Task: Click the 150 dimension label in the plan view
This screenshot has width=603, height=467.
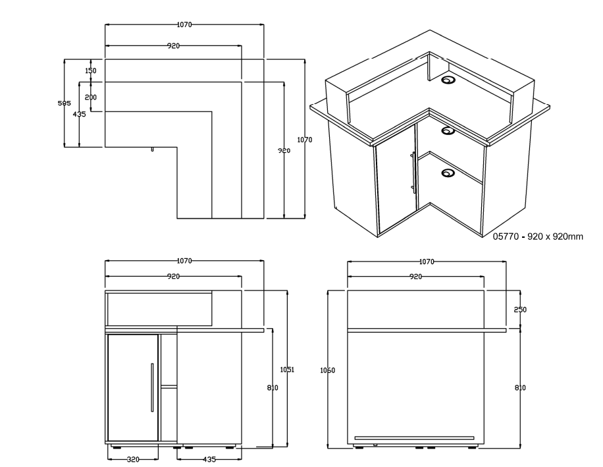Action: coord(91,70)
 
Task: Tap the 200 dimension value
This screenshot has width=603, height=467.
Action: coord(91,97)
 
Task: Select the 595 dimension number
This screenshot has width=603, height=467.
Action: coord(64,103)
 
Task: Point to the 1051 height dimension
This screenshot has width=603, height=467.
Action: coord(288,370)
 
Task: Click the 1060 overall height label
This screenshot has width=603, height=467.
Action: coord(327,371)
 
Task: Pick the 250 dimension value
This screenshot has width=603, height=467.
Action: coord(519,310)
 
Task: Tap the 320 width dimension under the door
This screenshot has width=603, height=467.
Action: coord(132,459)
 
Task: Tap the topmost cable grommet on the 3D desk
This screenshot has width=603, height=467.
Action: coord(450,81)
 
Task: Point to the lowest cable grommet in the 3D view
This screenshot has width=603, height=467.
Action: coord(448,174)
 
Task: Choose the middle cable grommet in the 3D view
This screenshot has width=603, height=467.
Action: coord(448,130)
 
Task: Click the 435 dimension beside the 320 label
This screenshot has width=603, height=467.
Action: coord(210,459)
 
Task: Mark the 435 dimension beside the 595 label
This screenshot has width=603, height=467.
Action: coord(79,114)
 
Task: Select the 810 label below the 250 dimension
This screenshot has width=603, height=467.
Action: coord(519,388)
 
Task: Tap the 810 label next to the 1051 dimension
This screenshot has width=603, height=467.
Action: coord(273,388)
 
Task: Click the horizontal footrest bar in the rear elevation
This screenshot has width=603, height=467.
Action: coord(414,437)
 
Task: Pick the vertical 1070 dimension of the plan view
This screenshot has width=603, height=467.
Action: coord(304,140)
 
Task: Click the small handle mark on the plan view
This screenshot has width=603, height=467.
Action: coord(153,150)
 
